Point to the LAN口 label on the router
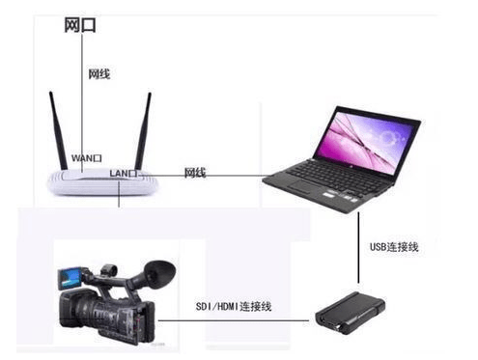pyautogui.click(x=124, y=173)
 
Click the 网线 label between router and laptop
pyautogui.click(x=195, y=173)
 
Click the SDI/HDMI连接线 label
pyautogui.click(x=234, y=307)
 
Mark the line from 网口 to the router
pyautogui.click(x=81, y=106)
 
